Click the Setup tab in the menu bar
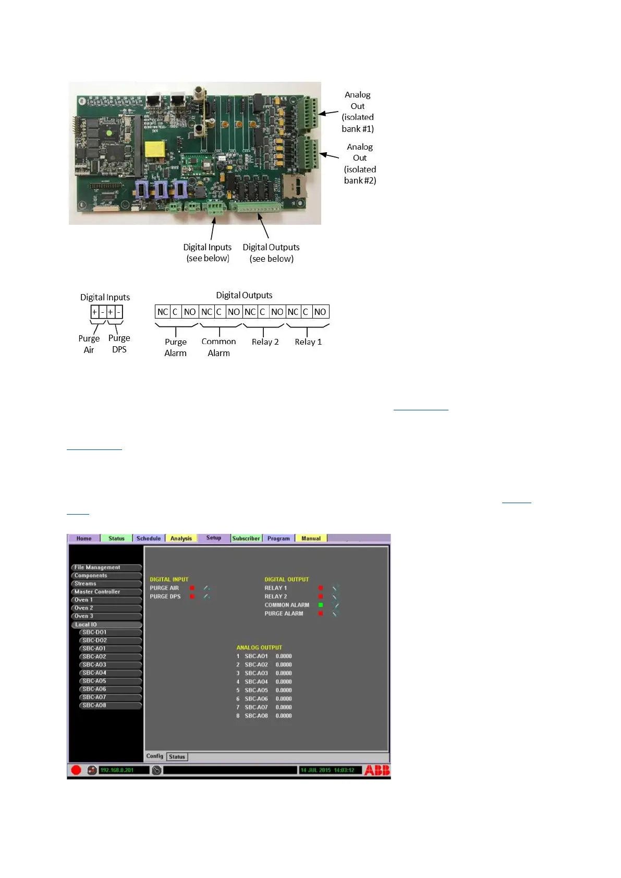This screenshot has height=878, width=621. (x=214, y=538)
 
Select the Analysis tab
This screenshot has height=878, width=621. (x=181, y=538)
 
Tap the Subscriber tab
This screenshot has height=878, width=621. (x=246, y=538)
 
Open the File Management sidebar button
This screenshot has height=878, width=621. (x=106, y=567)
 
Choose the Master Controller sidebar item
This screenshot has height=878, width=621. (x=106, y=592)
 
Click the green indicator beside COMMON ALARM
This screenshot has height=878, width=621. (x=321, y=605)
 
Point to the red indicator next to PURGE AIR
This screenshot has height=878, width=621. (x=192, y=588)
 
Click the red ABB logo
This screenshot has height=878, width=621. (x=376, y=770)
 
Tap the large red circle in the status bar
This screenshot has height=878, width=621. (x=76, y=770)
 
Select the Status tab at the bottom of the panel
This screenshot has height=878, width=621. (x=177, y=757)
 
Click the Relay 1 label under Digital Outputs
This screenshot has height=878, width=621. (x=308, y=342)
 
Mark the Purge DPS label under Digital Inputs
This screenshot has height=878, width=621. (x=119, y=344)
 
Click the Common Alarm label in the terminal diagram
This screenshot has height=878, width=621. (x=218, y=347)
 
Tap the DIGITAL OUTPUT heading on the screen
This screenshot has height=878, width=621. (x=286, y=579)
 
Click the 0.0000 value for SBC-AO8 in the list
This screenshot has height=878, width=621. (x=284, y=716)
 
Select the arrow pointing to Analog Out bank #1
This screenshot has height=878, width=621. (x=328, y=113)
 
